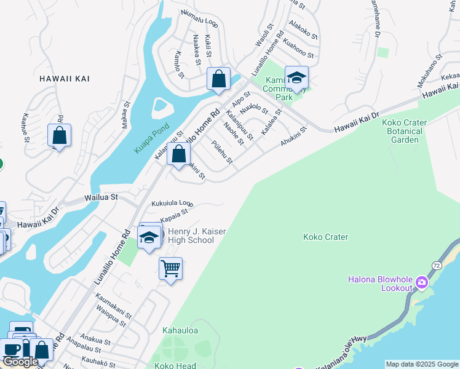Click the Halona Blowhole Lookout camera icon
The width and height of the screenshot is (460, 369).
click(x=422, y=282)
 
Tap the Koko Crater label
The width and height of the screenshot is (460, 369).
click(x=325, y=237)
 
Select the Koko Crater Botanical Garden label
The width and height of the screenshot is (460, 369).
click(x=402, y=131)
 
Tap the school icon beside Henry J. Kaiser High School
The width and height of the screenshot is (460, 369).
click(x=148, y=237)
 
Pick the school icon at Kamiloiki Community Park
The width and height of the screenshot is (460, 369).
click(x=296, y=78)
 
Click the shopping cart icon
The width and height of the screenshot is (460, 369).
click(x=170, y=268)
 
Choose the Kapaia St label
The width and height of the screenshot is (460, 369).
click(x=173, y=216)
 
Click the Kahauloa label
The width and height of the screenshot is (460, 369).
click(x=180, y=330)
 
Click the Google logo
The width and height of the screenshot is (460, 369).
click(x=20, y=362)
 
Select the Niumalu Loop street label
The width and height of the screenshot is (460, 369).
click(x=200, y=19)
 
